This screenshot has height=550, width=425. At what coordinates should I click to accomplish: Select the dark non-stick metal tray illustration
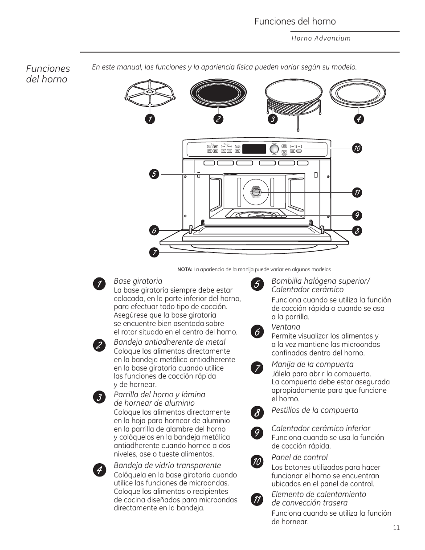click(218, 94)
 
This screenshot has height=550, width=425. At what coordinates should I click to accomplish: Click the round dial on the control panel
click(274, 149)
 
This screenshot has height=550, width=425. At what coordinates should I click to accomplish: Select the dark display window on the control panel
click(254, 149)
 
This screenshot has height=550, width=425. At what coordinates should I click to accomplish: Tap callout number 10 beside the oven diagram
click(356, 148)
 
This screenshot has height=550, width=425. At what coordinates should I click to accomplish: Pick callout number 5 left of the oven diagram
click(154, 174)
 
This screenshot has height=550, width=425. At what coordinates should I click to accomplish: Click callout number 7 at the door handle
click(154, 253)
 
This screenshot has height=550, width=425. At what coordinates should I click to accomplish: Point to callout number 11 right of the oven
click(356, 193)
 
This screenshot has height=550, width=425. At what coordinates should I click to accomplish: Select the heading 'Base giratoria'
click(138, 281)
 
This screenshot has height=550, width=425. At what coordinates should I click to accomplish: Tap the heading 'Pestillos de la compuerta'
click(315, 410)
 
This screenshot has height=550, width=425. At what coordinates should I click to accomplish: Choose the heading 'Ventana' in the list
click(286, 327)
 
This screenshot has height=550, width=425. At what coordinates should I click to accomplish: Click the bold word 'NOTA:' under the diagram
click(184, 269)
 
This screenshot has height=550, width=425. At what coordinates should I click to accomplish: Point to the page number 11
click(396, 528)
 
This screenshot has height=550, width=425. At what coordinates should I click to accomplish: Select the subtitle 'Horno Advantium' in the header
click(321, 38)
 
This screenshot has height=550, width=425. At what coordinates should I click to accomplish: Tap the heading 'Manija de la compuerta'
click(312, 364)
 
